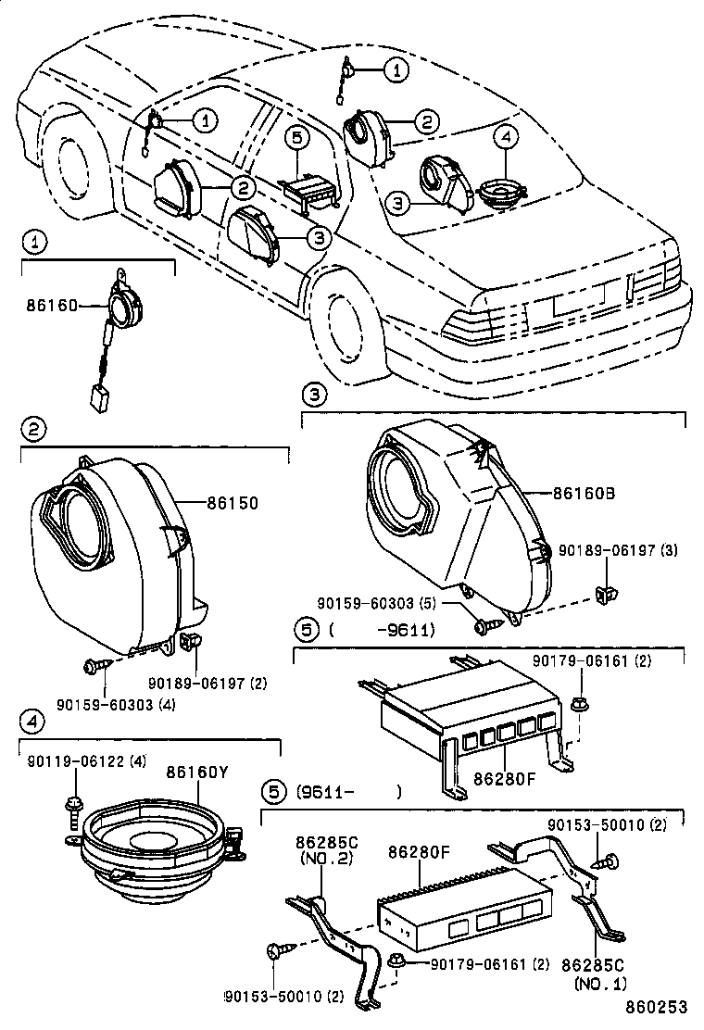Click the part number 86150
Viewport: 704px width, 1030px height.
click(x=232, y=503)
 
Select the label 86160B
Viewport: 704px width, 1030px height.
click(x=585, y=493)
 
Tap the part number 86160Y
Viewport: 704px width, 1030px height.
click(x=197, y=771)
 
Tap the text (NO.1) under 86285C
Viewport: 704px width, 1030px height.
click(x=601, y=984)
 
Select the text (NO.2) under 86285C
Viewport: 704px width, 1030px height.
click(x=321, y=859)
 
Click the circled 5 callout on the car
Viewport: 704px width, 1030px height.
click(x=295, y=140)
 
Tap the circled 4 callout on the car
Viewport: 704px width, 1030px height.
click(x=504, y=138)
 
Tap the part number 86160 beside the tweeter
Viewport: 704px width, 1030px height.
click(x=52, y=306)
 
